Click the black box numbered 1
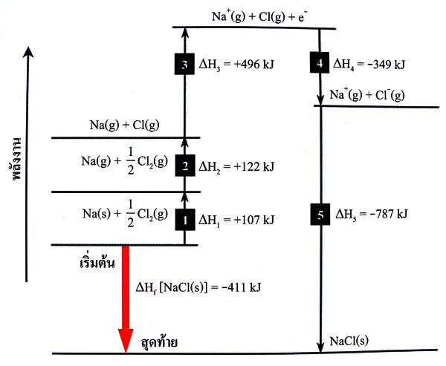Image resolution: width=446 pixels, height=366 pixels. tap(185, 220)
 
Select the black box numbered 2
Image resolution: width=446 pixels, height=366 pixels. tap(185, 166)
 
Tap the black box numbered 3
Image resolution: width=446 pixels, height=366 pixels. tap(184, 64)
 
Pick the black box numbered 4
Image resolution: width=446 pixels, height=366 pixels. tap(320, 62)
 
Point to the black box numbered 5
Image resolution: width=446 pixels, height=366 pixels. tap(320, 215)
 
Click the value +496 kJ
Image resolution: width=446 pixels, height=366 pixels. tap(253, 65)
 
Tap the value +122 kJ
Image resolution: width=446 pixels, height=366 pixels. tap(253, 166)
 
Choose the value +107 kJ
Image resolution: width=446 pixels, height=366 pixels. tap(253, 220)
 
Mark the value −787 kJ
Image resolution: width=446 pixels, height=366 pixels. tap(388, 214)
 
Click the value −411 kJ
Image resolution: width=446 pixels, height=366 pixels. tap(242, 287)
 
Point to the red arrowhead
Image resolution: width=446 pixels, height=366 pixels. tap(126, 341)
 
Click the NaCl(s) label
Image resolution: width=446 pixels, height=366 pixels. tap(349, 341)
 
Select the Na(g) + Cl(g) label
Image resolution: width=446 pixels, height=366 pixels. tap(125, 125)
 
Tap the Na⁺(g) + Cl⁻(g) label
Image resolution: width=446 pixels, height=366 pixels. tap(367, 95)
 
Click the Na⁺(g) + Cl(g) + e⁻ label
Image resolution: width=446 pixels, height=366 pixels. tap(259, 16)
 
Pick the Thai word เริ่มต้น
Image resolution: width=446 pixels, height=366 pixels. tap(97, 263)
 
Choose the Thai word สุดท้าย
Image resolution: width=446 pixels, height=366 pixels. tap(160, 342)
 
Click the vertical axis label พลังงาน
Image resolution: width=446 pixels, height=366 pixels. tap(17, 159)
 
